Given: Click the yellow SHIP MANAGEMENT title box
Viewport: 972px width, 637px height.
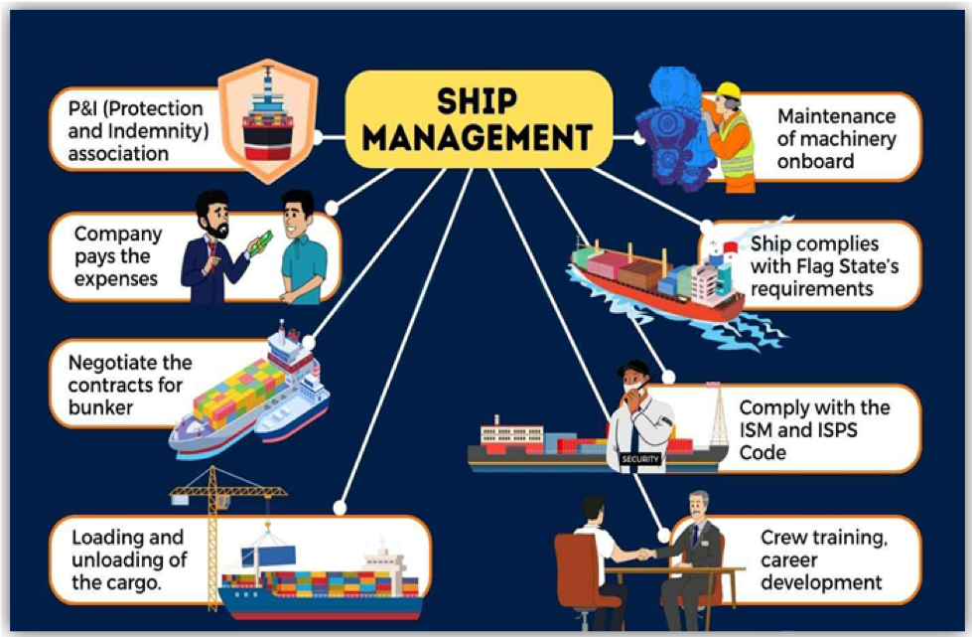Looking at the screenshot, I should pyautogui.click(x=478, y=119).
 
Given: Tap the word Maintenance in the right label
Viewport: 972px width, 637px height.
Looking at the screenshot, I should pyautogui.click(x=836, y=116).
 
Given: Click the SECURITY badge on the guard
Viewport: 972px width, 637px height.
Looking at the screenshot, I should pyautogui.click(x=638, y=459).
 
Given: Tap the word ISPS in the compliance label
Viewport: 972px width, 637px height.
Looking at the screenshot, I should pyautogui.click(x=838, y=430).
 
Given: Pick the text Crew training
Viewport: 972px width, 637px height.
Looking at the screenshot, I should pyautogui.click(x=823, y=538).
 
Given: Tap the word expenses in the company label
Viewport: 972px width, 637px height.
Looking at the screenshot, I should pyautogui.click(x=116, y=278).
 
